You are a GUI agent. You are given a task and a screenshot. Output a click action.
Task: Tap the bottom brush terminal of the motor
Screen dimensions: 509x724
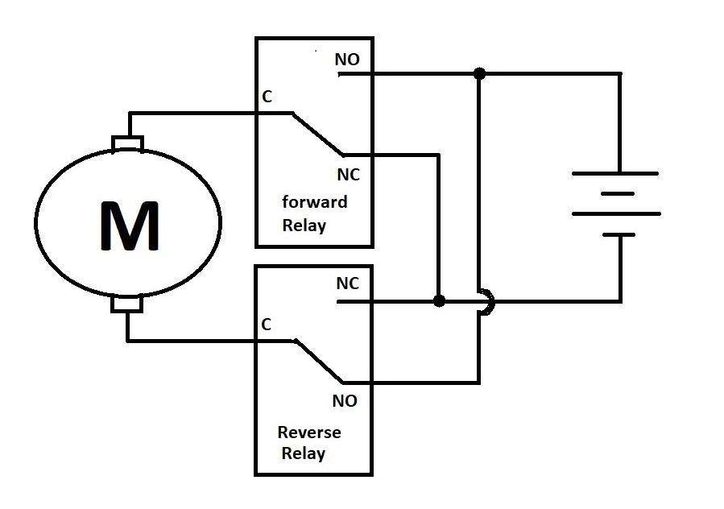[127, 304]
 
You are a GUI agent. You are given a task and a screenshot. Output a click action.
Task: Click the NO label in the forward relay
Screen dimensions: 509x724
[347, 60]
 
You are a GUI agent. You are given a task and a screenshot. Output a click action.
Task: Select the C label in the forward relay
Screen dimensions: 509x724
[267, 97]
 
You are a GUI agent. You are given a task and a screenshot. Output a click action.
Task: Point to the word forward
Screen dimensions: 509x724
[315, 201]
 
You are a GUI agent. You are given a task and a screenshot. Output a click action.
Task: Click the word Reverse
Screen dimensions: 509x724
[309, 432]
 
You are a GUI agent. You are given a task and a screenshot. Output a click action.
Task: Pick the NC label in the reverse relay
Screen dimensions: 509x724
[347, 284]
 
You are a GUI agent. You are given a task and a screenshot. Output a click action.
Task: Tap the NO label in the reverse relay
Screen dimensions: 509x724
[344, 400]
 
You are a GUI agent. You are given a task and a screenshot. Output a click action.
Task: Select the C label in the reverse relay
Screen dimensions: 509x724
[267, 325]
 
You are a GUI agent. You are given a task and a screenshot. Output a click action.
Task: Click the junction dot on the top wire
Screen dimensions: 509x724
[479, 73]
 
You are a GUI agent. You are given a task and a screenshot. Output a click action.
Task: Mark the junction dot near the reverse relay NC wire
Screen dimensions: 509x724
[439, 301]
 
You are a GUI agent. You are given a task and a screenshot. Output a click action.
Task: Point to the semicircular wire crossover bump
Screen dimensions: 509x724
[486, 301]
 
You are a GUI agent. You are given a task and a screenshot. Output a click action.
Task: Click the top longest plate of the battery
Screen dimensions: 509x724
[615, 173]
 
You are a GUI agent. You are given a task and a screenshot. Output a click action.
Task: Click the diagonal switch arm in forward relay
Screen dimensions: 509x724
[316, 134]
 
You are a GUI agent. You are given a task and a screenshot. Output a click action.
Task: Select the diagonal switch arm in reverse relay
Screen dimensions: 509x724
[318, 362]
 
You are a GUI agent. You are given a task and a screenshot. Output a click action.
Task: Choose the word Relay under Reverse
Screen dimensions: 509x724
[303, 453]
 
